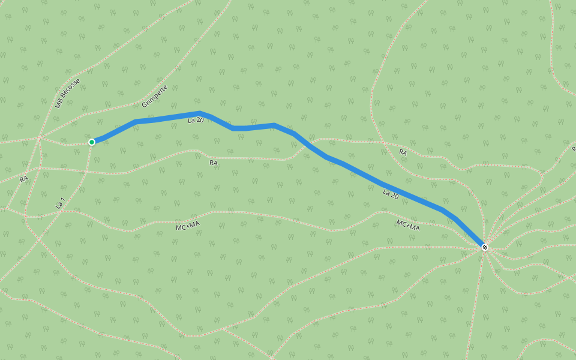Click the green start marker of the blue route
coord(92,142)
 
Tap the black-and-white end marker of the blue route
coord(485,247)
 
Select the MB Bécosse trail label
coord(67,94)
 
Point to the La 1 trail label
coord(60,203)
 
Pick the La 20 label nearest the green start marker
coord(196,120)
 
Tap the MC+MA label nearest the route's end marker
coord(408,226)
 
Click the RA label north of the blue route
coord(403,153)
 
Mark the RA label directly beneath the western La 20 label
coord(214,163)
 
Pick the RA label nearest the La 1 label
coord(23,179)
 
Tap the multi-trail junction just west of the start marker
coord(40,138)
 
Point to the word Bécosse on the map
coord(70,89)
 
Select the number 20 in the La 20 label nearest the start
coord(200,120)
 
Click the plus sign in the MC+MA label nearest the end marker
coord(408,226)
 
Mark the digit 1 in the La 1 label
coord(63,199)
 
